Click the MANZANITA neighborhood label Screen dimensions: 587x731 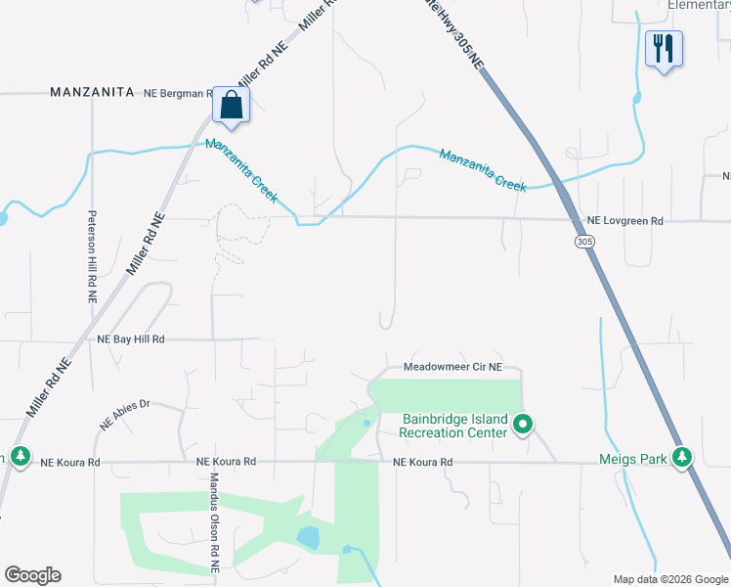pyautogui.click(x=92, y=92)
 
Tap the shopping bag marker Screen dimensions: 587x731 pyautogui.click(x=231, y=105)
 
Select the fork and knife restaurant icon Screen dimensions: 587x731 pyautogui.click(x=664, y=48)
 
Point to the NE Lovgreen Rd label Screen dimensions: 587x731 pyautogui.click(x=624, y=222)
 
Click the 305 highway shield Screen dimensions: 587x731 pyautogui.click(x=584, y=242)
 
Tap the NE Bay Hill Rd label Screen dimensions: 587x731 pyautogui.click(x=131, y=339)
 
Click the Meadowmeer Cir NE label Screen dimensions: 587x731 pyautogui.click(x=452, y=368)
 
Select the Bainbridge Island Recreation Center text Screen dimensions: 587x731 pyautogui.click(x=454, y=426)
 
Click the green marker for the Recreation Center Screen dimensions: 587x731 pyautogui.click(x=523, y=425)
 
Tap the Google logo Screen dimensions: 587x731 pyautogui.click(x=32, y=575)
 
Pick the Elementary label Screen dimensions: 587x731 pyautogui.click(x=698, y=5)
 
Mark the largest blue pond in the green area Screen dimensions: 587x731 pyautogui.click(x=307, y=537)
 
